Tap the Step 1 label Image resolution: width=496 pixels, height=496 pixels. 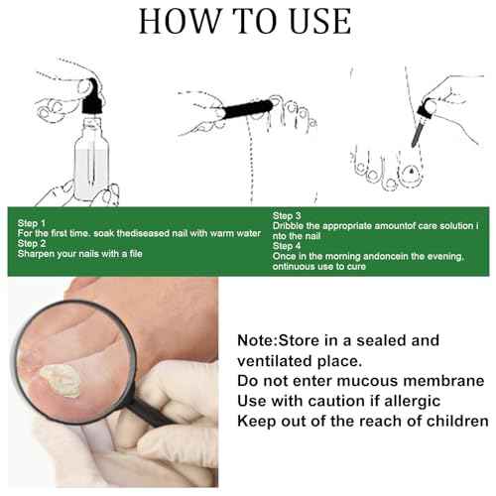(32, 223)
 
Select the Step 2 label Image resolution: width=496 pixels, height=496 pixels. (32, 244)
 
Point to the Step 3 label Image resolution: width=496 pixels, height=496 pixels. (287, 216)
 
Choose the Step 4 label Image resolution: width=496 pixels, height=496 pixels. (287, 246)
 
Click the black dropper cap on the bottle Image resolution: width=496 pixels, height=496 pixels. (93, 97)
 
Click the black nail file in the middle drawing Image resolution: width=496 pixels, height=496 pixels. (248, 109)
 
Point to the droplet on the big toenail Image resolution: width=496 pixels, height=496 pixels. (411, 171)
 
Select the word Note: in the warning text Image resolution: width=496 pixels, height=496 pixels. (258, 340)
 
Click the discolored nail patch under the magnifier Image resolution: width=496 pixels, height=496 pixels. (61, 380)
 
